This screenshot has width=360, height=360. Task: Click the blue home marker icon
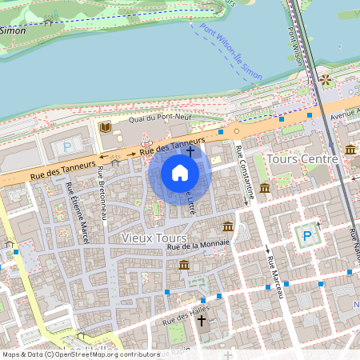coord(180,173)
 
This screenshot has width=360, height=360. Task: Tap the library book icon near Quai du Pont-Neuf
coord(105,127)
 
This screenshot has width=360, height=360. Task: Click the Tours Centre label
coord(305,158)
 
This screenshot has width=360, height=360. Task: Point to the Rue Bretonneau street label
coord(102,193)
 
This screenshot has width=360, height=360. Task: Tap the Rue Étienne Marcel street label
coord(78,214)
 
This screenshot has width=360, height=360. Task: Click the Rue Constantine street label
coord(246,171)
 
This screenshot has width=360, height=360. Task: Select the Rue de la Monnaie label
coord(198,245)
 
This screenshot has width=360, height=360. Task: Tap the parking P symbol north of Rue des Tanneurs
coord(67,147)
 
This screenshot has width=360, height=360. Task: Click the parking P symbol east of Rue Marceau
coord(306,237)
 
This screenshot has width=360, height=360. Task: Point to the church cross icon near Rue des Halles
coord(201,321)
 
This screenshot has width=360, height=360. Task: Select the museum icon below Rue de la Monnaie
coord(184,265)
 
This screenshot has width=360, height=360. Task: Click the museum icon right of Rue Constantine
coord(264,187)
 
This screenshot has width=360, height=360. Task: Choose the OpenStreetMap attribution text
coord(80,354)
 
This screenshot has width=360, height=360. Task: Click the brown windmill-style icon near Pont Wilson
coord(325,79)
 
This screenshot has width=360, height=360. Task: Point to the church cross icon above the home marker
coord(190,150)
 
